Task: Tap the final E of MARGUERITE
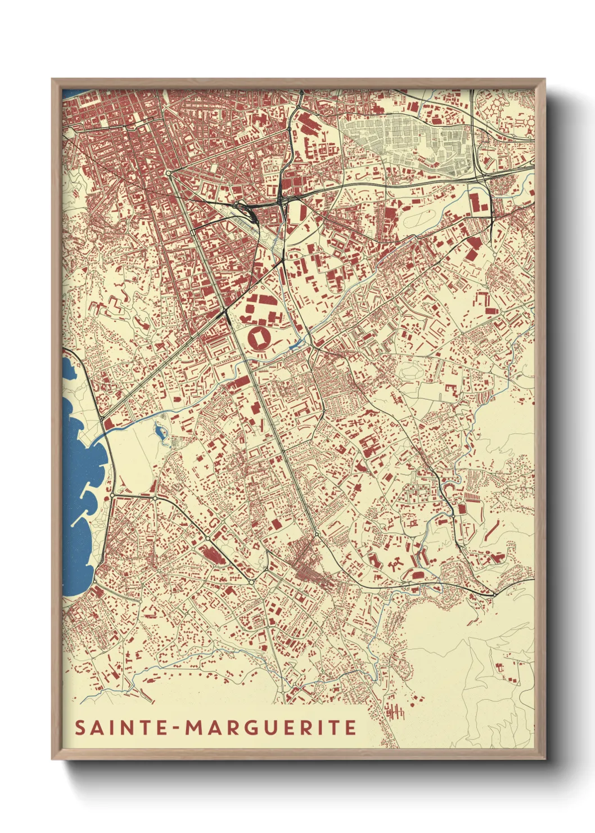pyautogui.click(x=351, y=728)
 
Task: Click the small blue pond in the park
pyautogui.click(x=160, y=432)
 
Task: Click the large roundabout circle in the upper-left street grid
pyautogui.click(x=168, y=173)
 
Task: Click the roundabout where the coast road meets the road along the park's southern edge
pyautogui.click(x=112, y=495)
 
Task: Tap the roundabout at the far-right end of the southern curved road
pyautogui.click(x=494, y=593)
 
